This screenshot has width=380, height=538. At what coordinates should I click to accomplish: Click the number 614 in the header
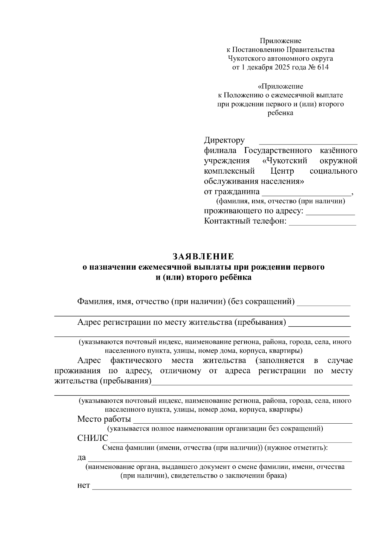coord(322,67)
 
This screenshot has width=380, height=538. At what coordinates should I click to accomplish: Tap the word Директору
coord(224,140)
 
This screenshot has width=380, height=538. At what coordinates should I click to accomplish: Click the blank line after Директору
coord(308,142)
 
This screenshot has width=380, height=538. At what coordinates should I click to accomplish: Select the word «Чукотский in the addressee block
coord(285,161)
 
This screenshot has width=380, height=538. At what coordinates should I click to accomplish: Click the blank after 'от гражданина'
coord(306,194)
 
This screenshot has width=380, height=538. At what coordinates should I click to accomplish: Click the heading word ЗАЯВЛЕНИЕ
coord(203,256)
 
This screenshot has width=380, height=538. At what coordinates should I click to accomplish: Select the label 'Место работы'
coord(104,419)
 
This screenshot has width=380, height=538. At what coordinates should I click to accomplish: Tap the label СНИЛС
coord(92,438)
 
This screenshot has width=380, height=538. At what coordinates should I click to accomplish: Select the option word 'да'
coord(81,458)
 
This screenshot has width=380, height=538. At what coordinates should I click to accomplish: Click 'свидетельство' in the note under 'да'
coord(192,476)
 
